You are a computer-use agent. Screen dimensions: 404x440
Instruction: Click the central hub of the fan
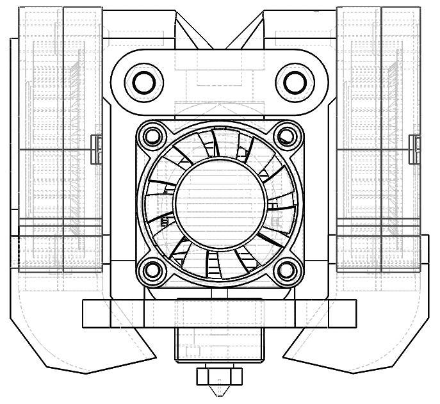coord(220,203)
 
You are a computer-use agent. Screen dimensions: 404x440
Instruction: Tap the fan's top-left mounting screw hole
coord(152,136)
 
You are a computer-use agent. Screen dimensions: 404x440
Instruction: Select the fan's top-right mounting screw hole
coord(287,136)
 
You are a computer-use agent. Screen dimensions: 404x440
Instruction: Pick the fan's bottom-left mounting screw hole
coord(152,271)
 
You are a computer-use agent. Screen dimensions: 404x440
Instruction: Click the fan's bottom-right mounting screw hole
coord(287,271)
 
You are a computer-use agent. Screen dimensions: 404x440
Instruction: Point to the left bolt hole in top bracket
coord(143,81)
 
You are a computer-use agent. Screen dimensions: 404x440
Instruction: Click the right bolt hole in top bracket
coord(295,81)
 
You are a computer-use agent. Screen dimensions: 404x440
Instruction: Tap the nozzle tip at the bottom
coord(220,392)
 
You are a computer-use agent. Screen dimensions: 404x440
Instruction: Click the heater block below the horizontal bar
coord(220,346)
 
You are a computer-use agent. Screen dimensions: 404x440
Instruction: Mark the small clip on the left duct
coord(97,149)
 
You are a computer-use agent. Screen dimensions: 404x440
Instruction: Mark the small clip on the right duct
coord(414,149)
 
